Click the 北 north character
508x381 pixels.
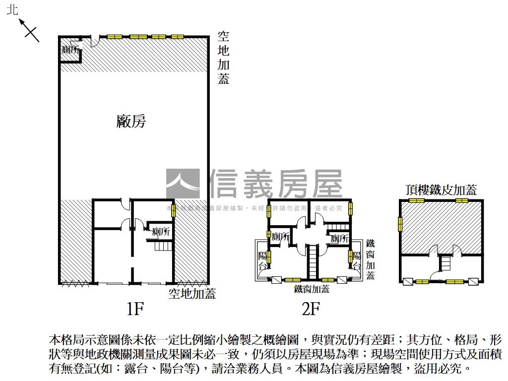12,10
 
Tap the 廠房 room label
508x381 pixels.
131,121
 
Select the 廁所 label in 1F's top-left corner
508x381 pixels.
71,50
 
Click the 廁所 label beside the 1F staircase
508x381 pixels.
161,232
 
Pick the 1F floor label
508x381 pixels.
135,309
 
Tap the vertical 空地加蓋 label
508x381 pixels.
224,58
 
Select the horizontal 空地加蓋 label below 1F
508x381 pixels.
192,293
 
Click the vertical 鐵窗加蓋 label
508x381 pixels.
371,259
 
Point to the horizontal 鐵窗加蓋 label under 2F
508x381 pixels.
312,289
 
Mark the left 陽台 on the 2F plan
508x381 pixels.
263,261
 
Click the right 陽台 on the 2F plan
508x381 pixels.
356,261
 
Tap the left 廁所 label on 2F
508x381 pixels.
280,238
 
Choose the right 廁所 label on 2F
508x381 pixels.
339,239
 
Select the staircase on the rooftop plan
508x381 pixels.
445,262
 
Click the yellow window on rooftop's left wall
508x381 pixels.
400,224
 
